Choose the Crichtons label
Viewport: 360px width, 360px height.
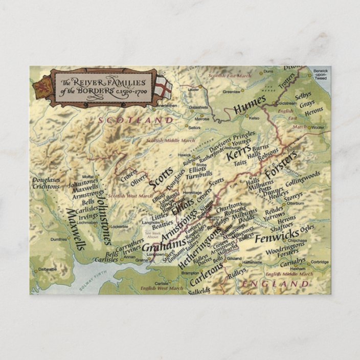point(47,187)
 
